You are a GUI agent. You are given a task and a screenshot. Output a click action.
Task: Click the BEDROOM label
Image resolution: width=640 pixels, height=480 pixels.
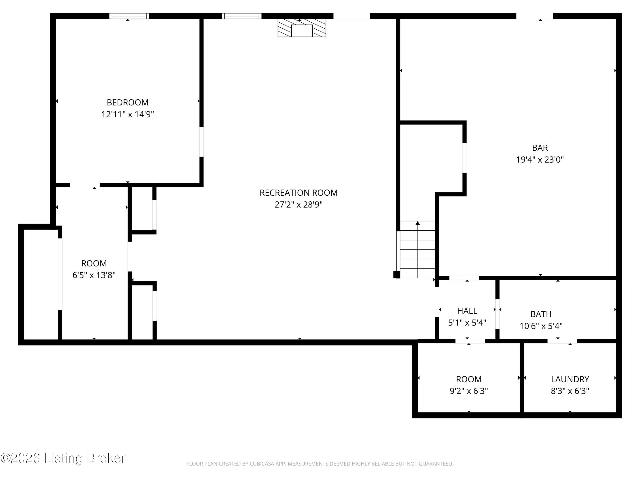[x=128, y=102]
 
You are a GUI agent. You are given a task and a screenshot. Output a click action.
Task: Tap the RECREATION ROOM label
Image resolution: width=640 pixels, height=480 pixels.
[x=299, y=193]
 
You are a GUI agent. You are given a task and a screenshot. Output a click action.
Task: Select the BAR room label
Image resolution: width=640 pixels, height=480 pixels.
[x=540, y=148]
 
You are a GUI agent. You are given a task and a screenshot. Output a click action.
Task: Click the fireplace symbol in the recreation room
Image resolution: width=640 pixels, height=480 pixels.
[x=302, y=28]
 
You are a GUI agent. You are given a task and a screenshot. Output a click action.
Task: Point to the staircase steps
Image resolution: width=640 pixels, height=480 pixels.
[x=417, y=249]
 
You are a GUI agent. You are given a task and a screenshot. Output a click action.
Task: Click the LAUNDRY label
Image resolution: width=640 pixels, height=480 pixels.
[x=570, y=379]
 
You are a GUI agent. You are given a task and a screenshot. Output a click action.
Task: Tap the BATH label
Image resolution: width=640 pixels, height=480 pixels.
[x=541, y=314]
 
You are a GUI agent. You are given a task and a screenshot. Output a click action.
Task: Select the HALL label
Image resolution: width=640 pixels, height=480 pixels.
[x=467, y=311]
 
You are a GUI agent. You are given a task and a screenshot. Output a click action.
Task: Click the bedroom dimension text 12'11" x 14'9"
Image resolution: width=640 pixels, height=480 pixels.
[x=128, y=114]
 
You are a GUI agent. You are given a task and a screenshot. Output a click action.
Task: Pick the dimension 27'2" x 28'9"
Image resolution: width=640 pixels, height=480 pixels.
[x=299, y=205]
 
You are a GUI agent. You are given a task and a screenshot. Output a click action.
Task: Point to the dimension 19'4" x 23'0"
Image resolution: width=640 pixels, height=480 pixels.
[x=540, y=159]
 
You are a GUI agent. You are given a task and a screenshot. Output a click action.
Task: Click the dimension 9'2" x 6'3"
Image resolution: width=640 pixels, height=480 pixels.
[x=469, y=391]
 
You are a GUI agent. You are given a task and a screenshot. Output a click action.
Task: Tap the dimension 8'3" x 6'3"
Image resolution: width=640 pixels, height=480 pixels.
[x=570, y=391]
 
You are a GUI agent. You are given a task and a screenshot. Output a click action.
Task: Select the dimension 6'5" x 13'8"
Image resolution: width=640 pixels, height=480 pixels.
[x=94, y=275]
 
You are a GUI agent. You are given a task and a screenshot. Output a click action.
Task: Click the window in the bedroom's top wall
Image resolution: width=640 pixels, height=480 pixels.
[x=129, y=16]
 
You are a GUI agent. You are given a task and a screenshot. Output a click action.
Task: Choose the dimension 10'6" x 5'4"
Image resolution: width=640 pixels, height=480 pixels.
[x=541, y=326]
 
